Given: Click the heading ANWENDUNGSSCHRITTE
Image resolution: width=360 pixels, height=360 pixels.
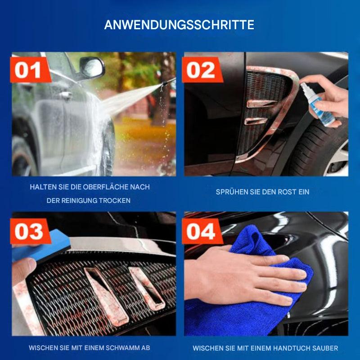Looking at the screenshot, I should [179, 25].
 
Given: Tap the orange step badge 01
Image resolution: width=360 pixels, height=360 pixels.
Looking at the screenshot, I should [28, 71].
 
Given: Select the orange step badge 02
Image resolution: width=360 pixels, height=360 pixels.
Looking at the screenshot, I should [201, 71].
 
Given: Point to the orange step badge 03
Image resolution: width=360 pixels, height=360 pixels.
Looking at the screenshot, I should [28, 231].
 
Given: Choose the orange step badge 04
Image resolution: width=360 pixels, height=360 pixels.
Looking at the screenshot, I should [201, 231].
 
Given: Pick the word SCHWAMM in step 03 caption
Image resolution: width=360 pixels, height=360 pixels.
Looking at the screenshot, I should [121, 348].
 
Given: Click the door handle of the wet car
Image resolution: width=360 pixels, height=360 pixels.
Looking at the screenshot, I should [66, 95].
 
